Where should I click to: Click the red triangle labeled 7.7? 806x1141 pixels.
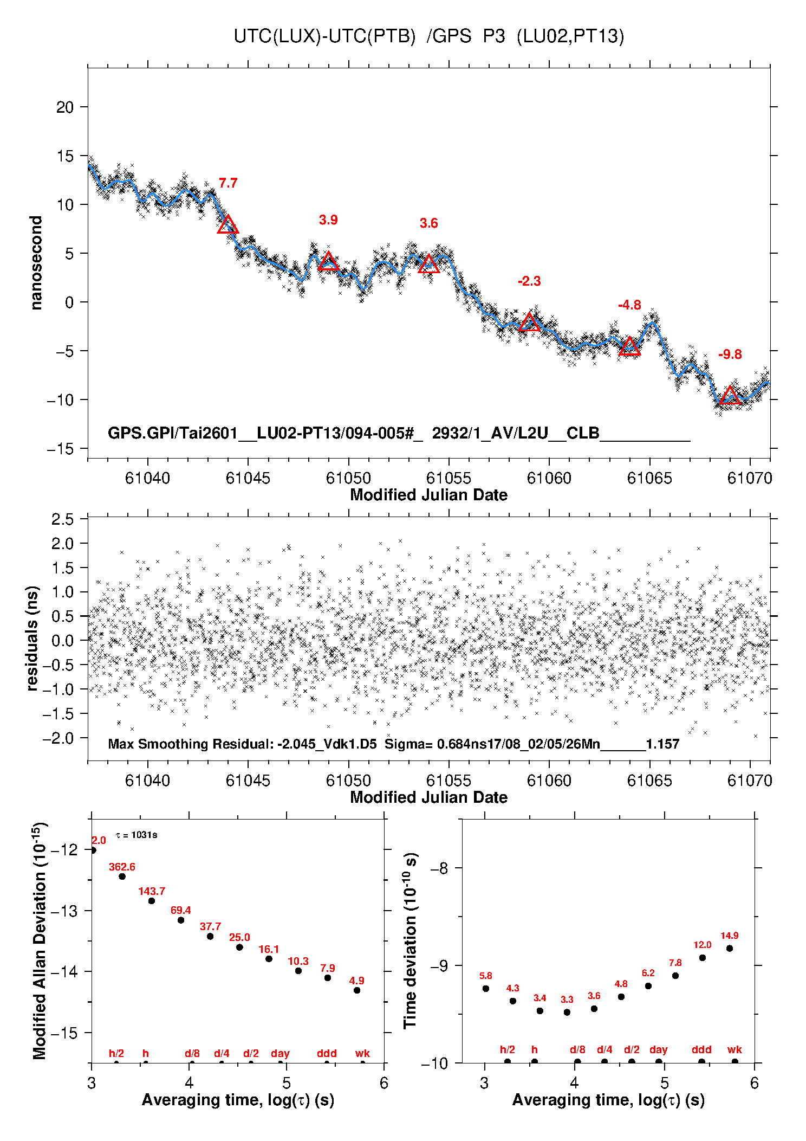pyautogui.click(x=227, y=224)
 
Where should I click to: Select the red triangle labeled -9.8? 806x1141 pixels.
pyautogui.click(x=730, y=395)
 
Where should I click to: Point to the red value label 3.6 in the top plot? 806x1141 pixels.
pyautogui.click(x=428, y=223)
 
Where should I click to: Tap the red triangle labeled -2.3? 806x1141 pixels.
pyautogui.click(x=529, y=323)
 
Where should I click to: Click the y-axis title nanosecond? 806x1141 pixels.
pyautogui.click(x=36, y=263)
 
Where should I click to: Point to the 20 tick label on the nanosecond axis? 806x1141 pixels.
pyautogui.click(x=65, y=107)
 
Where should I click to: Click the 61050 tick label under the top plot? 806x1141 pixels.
pyautogui.click(x=348, y=478)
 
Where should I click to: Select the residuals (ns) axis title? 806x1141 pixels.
pyautogui.click(x=32, y=638)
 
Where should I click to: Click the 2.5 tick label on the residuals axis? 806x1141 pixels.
pyautogui.click(x=62, y=519)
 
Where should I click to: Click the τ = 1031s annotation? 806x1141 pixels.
pyautogui.click(x=136, y=835)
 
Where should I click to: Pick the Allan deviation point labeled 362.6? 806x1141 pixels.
pyautogui.click(x=122, y=876)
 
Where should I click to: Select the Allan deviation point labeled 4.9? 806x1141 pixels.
pyautogui.click(x=357, y=990)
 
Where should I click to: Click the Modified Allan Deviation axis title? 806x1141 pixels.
pyautogui.click(x=39, y=940)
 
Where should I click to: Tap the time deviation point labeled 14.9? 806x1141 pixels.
pyautogui.click(x=730, y=949)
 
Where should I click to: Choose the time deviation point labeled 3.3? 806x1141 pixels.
pyautogui.click(x=567, y=1012)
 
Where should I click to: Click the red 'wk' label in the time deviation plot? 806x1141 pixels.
pyautogui.click(x=734, y=1050)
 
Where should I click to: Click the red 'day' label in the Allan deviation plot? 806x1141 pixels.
pyautogui.click(x=280, y=1053)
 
